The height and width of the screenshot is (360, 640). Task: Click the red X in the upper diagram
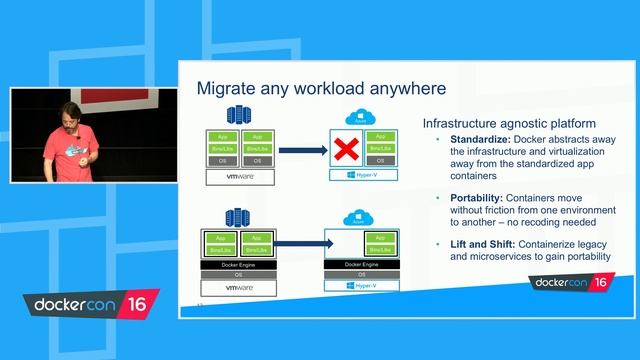tap(346, 149)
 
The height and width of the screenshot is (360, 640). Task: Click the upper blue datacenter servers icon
tap(239, 116)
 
